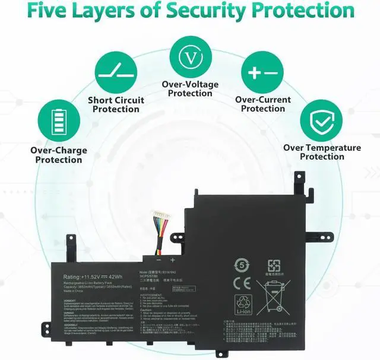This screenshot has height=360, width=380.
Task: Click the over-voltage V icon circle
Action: pyautogui.click(x=190, y=58)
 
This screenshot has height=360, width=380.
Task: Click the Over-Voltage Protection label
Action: pyautogui.click(x=190, y=89)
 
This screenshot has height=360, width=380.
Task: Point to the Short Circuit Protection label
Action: pyautogui.click(x=116, y=104)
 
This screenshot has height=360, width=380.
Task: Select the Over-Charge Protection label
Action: pyautogui.click(x=58, y=155)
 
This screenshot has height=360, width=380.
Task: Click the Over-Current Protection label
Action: pyautogui.click(x=263, y=104)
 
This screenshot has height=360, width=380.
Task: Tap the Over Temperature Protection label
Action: pyautogui.click(x=322, y=152)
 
